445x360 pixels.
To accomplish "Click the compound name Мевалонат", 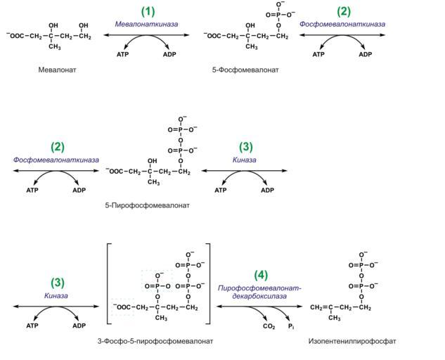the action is [x=58, y=70].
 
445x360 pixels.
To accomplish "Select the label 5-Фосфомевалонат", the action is [x=245, y=70].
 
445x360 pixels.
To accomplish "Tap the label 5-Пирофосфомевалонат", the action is [x=147, y=205].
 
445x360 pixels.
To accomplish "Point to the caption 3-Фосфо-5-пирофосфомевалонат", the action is [x=155, y=341].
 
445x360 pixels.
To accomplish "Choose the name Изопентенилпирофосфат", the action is [x=352, y=341].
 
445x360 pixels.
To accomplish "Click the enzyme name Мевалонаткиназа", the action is [x=146, y=24].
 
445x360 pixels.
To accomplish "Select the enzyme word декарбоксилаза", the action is [x=259, y=297].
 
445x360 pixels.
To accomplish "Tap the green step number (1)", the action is [x=148, y=12].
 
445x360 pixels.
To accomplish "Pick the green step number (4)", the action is [x=261, y=275].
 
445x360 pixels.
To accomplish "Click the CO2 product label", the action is [x=269, y=326].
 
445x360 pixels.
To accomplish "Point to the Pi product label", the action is [x=291, y=326].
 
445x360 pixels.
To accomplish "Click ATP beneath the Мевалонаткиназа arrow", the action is [x=122, y=54].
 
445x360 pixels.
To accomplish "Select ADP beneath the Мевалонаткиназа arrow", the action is [x=169, y=54].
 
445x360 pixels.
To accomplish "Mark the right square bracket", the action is [x=209, y=283].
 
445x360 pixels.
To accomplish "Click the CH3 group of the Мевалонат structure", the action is [x=55, y=46].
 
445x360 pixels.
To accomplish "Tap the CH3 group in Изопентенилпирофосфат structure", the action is [x=335, y=318].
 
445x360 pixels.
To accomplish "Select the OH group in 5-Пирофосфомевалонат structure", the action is [x=152, y=161].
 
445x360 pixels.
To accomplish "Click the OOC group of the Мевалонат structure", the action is [x=16, y=36].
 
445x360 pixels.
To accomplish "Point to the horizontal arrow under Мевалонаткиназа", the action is [x=146, y=35].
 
